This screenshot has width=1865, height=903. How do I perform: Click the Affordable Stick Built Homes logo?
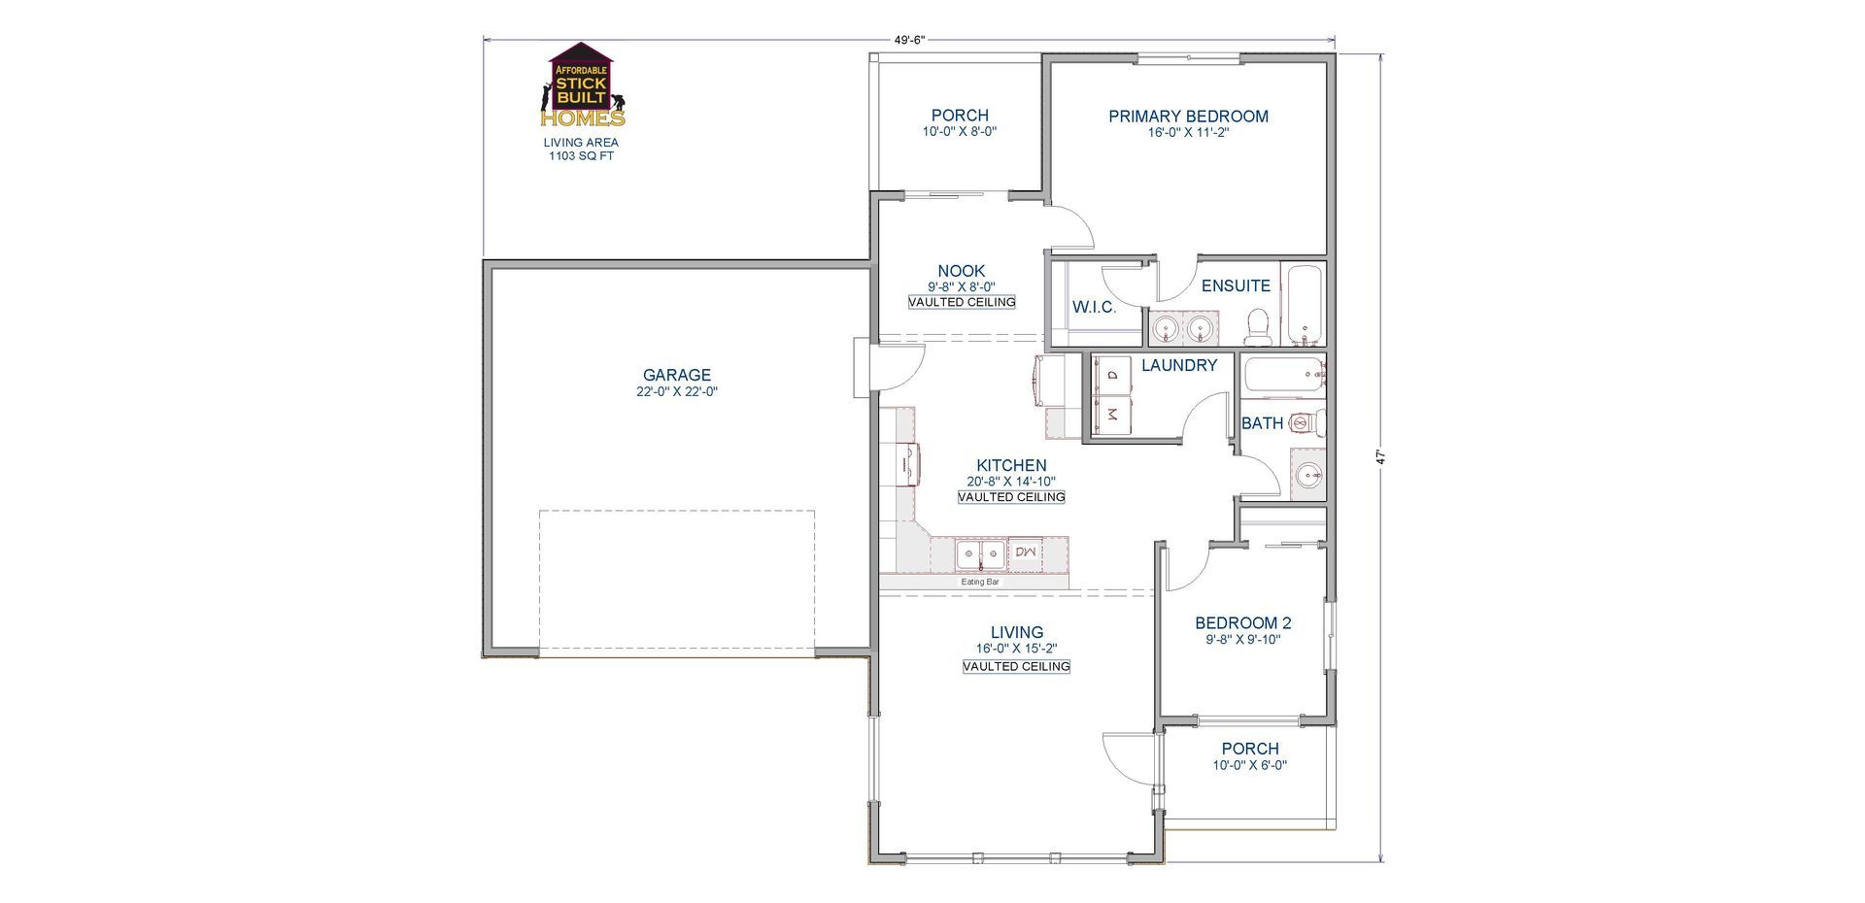tap(581, 85)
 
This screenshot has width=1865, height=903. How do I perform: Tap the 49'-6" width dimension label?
tap(909, 40)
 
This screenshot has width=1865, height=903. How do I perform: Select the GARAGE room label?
tap(677, 375)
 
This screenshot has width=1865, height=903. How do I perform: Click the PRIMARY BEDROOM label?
tap(1188, 117)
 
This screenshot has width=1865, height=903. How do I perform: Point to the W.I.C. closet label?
tap(1094, 308)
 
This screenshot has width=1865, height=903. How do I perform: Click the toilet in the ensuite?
tap(1258, 327)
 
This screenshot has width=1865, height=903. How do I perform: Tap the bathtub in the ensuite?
tap(1305, 305)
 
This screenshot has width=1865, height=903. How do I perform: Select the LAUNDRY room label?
tap(1179, 365)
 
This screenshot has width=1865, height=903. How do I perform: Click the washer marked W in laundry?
tap(1113, 415)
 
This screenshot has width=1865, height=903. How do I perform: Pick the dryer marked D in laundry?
tap(1113, 375)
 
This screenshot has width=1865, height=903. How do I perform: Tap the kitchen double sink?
tap(981, 555)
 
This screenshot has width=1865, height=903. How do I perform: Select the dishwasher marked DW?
tap(1026, 552)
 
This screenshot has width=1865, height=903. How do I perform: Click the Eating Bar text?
tap(980, 582)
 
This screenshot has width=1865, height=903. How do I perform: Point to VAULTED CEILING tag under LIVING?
tap(1016, 667)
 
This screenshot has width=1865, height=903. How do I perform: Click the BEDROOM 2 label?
tap(1243, 623)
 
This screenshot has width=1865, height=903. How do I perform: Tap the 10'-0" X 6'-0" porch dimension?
tap(1250, 765)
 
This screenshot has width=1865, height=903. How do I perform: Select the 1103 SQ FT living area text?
tap(582, 155)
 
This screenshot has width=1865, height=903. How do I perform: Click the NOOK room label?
tap(962, 271)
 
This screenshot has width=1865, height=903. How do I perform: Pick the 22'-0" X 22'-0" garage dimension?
tap(677, 392)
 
